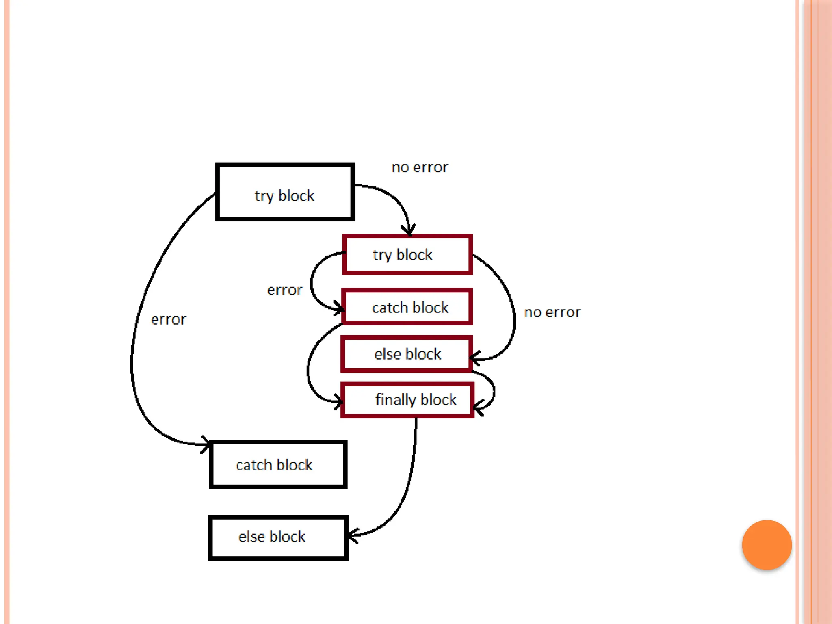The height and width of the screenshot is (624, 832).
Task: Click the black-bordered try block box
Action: (285, 192)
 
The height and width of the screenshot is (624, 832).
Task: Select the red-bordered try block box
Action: (407, 255)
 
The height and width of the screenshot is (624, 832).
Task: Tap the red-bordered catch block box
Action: (407, 307)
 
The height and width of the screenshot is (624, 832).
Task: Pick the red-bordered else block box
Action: (407, 354)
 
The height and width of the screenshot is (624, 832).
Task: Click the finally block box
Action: (407, 400)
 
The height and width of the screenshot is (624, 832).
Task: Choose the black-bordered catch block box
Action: (278, 464)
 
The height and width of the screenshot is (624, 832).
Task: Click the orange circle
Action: (767, 545)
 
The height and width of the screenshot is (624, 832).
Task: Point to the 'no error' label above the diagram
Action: (420, 167)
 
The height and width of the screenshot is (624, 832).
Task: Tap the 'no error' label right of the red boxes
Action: (552, 312)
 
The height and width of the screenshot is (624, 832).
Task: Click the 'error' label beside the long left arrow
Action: (168, 320)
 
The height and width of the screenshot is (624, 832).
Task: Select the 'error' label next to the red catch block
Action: (285, 290)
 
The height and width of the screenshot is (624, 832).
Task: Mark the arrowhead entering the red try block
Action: (409, 231)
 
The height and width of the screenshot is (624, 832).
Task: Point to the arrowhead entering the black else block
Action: (352, 535)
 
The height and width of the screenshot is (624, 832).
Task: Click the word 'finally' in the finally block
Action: (395, 400)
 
